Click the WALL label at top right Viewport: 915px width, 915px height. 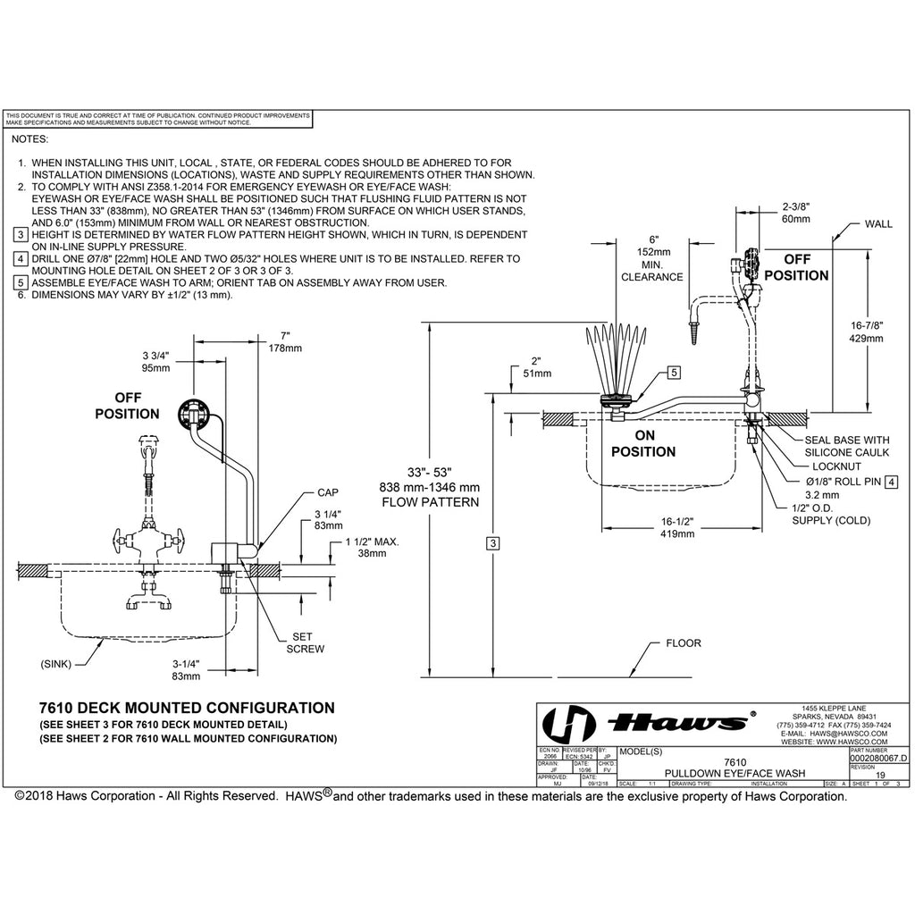coord(877,224)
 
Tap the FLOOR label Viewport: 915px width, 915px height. coord(684,642)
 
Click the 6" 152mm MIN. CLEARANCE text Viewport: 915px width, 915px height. coord(653,258)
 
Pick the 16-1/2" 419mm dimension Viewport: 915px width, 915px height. coord(678,527)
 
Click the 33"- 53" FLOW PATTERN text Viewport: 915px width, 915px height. coord(432,486)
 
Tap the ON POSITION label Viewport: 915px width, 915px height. coord(643,443)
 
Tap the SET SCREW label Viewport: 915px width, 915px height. coord(306,642)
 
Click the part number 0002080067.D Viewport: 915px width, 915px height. coord(878,758)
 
